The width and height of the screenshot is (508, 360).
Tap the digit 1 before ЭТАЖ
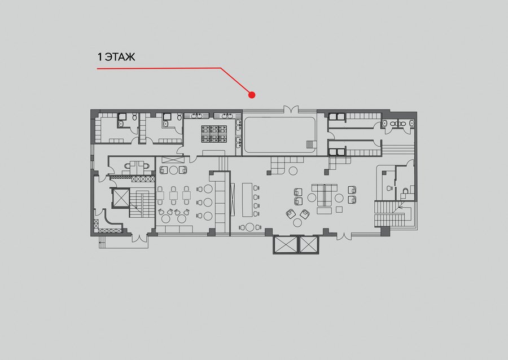point(99,57)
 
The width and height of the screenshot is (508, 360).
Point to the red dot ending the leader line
point(252,95)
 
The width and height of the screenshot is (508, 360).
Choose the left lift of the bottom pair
point(285,244)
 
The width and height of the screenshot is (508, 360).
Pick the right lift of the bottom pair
point(309,244)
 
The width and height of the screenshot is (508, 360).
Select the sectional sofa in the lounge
point(325,194)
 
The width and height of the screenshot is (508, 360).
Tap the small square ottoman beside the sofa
point(339,210)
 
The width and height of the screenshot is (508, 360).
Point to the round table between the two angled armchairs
point(297,222)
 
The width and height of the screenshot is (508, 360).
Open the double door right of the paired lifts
point(344,236)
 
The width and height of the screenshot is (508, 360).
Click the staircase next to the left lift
point(142,203)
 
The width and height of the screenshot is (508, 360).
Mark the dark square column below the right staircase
point(385,231)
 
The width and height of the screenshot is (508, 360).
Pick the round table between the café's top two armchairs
point(174,170)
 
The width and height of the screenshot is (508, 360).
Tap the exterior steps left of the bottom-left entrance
point(102,243)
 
